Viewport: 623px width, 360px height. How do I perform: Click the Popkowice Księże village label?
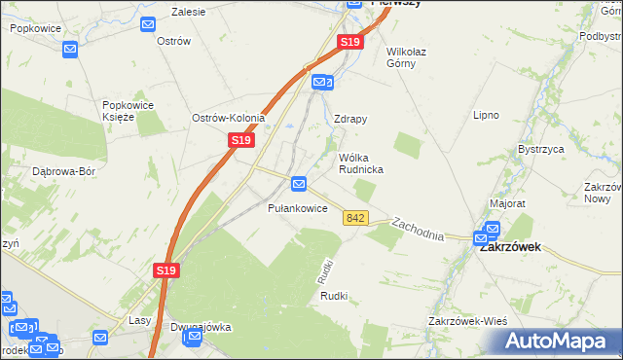(x=130, y=109)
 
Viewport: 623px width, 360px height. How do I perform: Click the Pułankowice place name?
(x=297, y=207)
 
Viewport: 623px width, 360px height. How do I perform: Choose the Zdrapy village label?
(x=350, y=120)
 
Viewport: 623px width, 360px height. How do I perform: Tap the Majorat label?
(x=507, y=204)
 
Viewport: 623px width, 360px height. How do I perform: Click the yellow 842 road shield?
(x=354, y=218)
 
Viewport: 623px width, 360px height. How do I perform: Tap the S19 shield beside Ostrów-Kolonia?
(x=242, y=141)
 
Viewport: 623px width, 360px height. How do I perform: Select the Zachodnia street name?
(x=418, y=230)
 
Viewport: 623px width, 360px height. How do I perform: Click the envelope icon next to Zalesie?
(x=147, y=24)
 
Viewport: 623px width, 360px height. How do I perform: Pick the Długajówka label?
(x=201, y=327)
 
